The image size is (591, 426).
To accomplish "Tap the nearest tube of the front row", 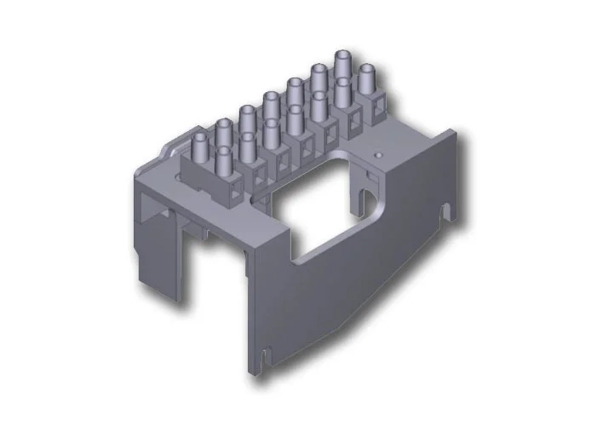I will (224, 162).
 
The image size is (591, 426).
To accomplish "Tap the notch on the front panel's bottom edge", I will (267, 356).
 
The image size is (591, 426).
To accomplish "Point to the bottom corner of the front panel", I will (250, 371).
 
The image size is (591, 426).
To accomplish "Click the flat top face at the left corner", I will (153, 175).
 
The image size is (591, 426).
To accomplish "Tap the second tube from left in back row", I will (223, 132).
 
